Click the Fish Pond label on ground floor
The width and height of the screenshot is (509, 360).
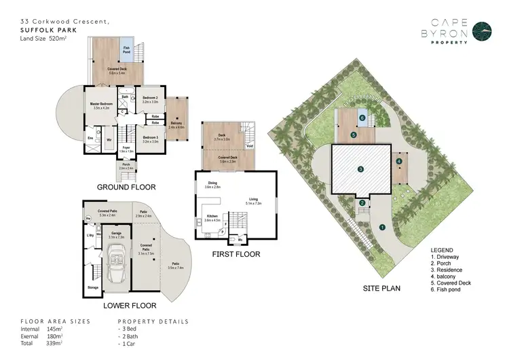(127, 49)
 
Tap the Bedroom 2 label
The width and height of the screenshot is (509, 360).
(150, 99)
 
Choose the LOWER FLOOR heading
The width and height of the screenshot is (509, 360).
(130, 305)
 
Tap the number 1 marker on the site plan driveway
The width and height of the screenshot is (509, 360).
(382, 227)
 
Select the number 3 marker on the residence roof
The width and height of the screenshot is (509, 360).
(361, 168)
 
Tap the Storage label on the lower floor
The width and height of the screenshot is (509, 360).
(92, 287)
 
